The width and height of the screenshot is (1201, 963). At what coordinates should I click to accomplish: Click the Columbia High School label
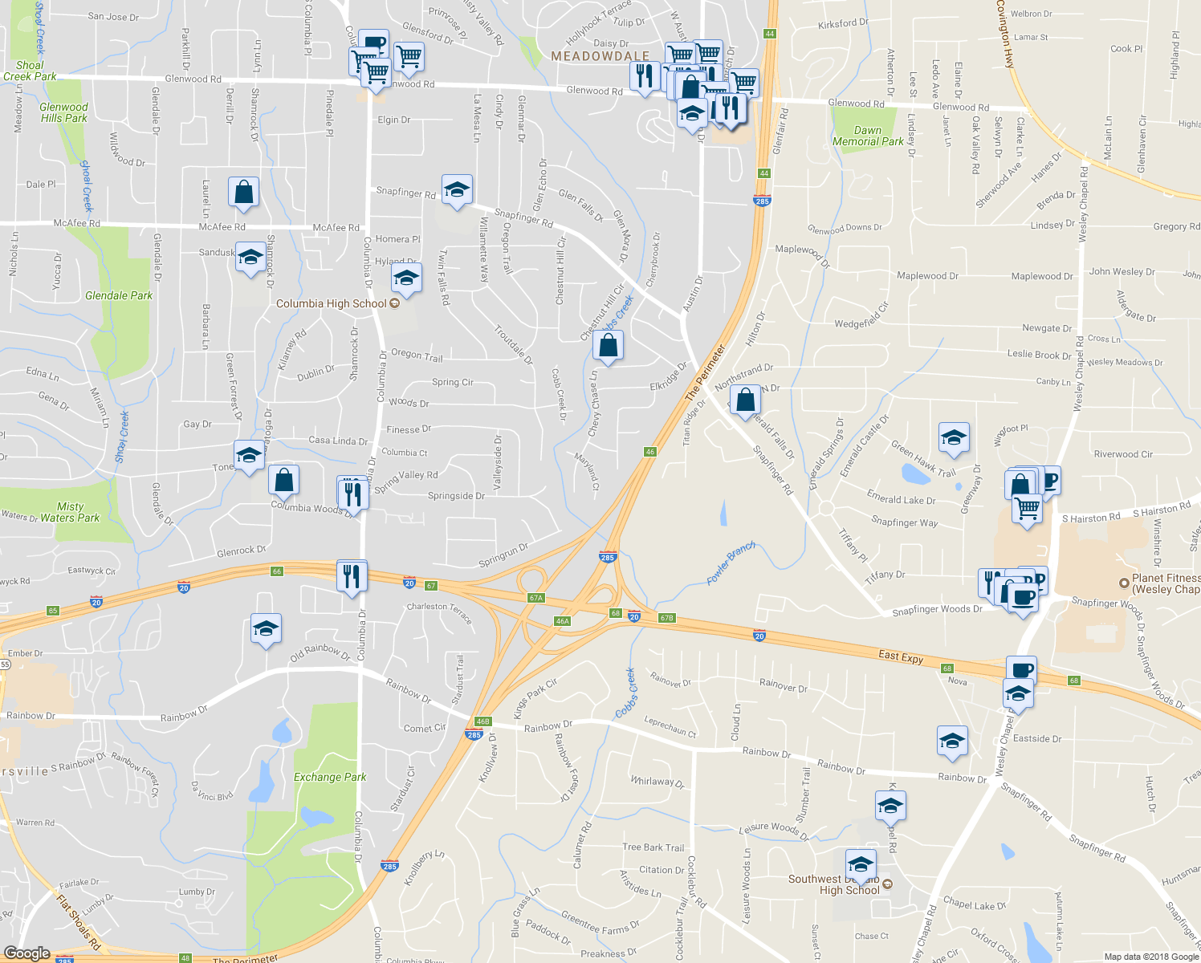pos(332,303)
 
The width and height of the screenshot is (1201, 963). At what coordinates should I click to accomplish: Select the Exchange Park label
pos(330,777)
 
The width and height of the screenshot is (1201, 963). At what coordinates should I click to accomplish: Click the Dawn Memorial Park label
pos(868,136)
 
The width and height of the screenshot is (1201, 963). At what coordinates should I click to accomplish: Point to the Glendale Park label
pos(119,295)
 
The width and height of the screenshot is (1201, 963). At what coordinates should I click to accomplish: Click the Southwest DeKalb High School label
pos(839,884)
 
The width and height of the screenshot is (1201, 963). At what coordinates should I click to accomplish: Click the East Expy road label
pos(901,656)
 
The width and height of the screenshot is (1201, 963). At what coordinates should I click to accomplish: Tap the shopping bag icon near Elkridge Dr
pos(608,347)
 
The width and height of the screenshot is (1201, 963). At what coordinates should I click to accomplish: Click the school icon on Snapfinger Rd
pos(457,190)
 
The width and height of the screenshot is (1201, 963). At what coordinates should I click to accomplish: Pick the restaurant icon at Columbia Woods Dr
pos(352,493)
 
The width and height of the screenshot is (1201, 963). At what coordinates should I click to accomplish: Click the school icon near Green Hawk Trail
pos(953,438)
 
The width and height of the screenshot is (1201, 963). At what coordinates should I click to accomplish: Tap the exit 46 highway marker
pos(650,452)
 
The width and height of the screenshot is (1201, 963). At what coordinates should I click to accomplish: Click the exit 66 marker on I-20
pos(277,571)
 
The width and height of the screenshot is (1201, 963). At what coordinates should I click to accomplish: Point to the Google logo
pos(26,953)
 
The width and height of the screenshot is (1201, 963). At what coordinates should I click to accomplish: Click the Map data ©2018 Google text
pos(1150,957)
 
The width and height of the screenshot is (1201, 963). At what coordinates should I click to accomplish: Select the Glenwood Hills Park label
pos(63,112)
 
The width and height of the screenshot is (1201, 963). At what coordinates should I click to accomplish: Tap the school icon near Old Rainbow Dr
pos(266,628)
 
